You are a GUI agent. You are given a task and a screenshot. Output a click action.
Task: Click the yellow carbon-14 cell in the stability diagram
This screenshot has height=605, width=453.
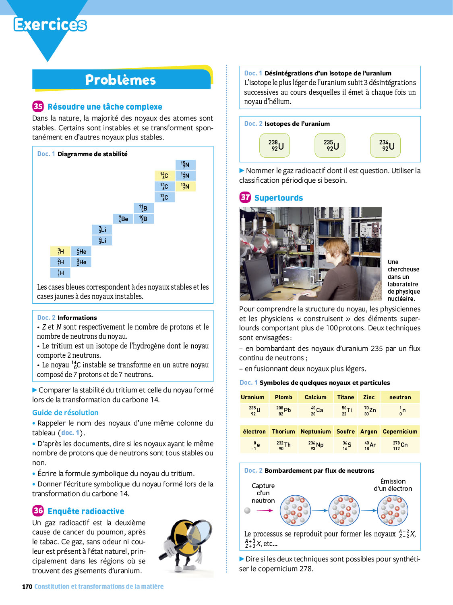click(164, 175)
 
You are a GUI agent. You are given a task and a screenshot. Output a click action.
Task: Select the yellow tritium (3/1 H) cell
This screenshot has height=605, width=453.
click(60, 251)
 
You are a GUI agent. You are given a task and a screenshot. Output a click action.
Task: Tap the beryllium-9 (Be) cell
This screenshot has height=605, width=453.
click(123, 219)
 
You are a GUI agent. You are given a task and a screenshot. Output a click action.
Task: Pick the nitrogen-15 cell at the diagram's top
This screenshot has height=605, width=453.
click(185, 165)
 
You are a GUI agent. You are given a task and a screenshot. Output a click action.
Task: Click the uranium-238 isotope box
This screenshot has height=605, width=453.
click(275, 145)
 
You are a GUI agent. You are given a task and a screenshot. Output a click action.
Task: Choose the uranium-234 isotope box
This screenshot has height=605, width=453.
click(385, 145)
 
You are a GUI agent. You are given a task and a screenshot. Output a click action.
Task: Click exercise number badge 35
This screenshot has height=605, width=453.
click(38, 106)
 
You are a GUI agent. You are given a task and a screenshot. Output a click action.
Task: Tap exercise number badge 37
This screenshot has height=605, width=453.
click(245, 197)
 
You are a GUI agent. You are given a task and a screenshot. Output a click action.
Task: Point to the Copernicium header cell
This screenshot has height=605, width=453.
click(400, 431)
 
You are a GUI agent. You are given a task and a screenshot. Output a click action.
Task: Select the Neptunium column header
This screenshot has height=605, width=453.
click(315, 431)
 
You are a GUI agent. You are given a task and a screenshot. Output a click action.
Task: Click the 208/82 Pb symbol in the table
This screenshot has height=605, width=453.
click(283, 411)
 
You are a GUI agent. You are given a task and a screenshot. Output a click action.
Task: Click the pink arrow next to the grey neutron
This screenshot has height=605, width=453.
click(265, 511)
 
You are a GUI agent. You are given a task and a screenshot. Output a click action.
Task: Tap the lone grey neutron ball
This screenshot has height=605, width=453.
click(247, 511)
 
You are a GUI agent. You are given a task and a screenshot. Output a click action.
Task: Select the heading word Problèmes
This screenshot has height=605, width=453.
click(120, 80)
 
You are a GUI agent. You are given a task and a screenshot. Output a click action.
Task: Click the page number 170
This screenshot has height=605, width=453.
click(27, 586)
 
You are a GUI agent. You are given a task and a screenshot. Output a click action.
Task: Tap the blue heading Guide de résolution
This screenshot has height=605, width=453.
click(65, 412)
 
